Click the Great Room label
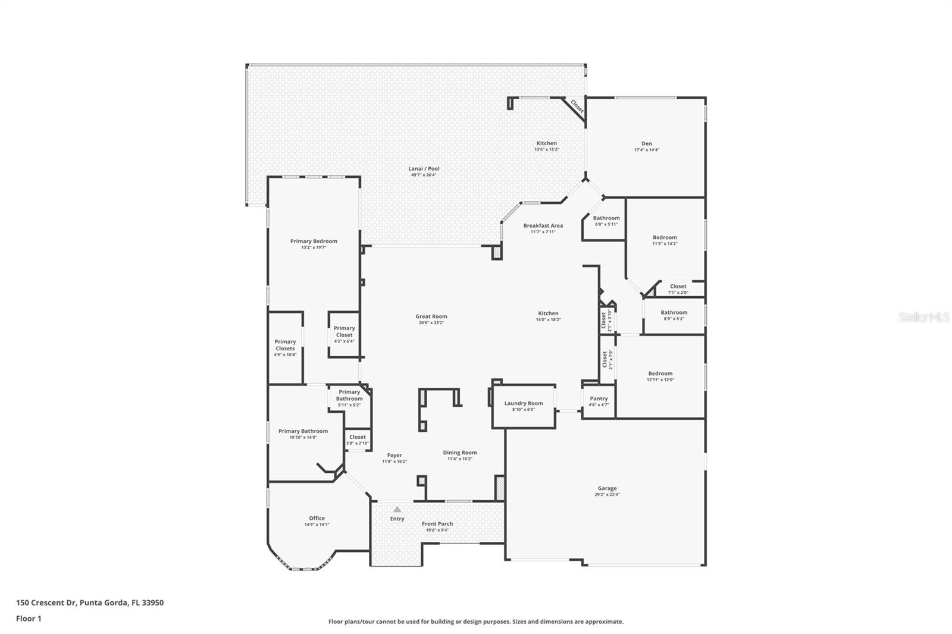click(x=431, y=316)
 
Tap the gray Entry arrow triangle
click(x=397, y=509)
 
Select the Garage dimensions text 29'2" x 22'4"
click(x=607, y=495)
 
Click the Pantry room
click(x=599, y=401)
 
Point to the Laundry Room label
click(x=524, y=403)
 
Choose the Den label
click(x=647, y=143)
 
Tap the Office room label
click(x=317, y=518)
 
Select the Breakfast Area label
click(x=543, y=225)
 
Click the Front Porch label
click(x=437, y=524)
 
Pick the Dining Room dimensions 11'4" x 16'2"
click(x=460, y=459)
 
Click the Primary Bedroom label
click(x=314, y=241)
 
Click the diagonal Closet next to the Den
click(x=577, y=107)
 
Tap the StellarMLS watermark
click(x=924, y=318)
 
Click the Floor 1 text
click(x=29, y=619)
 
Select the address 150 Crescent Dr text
click(x=89, y=602)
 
